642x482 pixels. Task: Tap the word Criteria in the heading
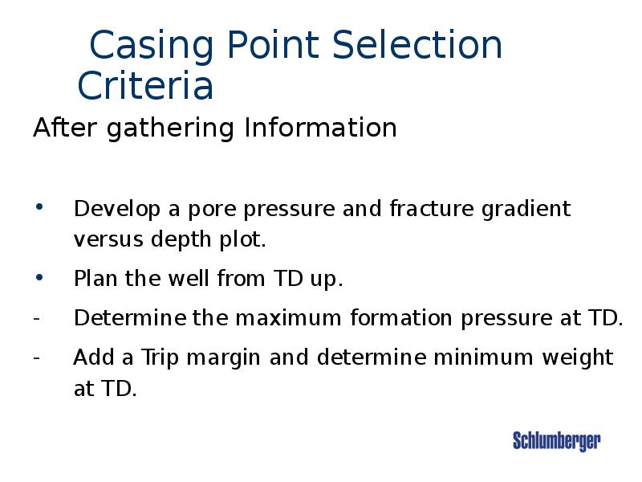coord(145,87)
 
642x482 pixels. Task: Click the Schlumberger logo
coord(556,440)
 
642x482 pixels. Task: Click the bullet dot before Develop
coord(40,208)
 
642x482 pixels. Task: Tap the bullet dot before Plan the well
coord(40,278)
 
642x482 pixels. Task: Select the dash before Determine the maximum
coord(37,318)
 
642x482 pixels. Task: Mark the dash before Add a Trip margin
coord(37,357)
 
